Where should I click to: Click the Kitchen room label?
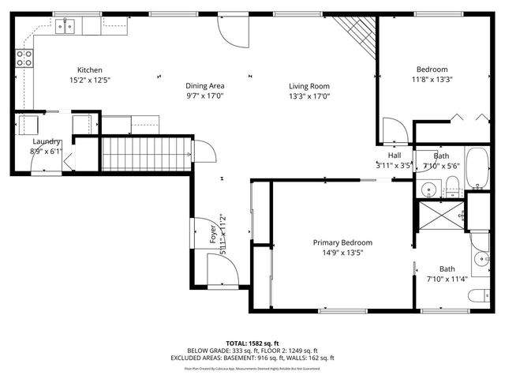[89, 70]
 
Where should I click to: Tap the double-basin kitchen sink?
[65, 27]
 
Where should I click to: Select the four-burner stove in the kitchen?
[24, 58]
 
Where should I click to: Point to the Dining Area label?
[205, 86]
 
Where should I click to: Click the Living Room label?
[308, 86]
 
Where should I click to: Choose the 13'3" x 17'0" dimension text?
[308, 96]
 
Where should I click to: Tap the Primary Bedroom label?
[342, 242]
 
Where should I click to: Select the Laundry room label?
[47, 141]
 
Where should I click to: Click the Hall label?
[394, 156]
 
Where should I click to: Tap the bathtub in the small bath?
[477, 167]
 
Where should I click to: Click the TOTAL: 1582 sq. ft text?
[252, 343]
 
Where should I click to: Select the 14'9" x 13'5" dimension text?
[342, 253]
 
